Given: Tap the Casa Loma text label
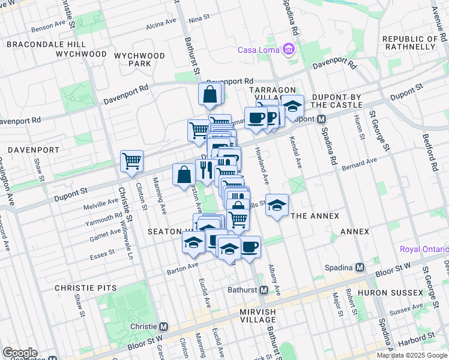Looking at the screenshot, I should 260,49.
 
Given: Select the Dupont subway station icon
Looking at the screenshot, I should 321,119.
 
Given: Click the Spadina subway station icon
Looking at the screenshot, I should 360,266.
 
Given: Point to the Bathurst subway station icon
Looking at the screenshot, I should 264,290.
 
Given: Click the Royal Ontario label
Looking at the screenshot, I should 424,249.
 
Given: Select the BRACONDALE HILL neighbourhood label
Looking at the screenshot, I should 46,44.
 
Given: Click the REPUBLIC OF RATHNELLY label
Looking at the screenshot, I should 411,43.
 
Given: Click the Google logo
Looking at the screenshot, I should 19,353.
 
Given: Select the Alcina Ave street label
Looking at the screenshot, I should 161,25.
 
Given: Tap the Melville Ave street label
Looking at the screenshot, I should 101,202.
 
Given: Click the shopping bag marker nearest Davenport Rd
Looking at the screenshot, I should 210,95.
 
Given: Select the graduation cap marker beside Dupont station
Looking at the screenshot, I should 292,107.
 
